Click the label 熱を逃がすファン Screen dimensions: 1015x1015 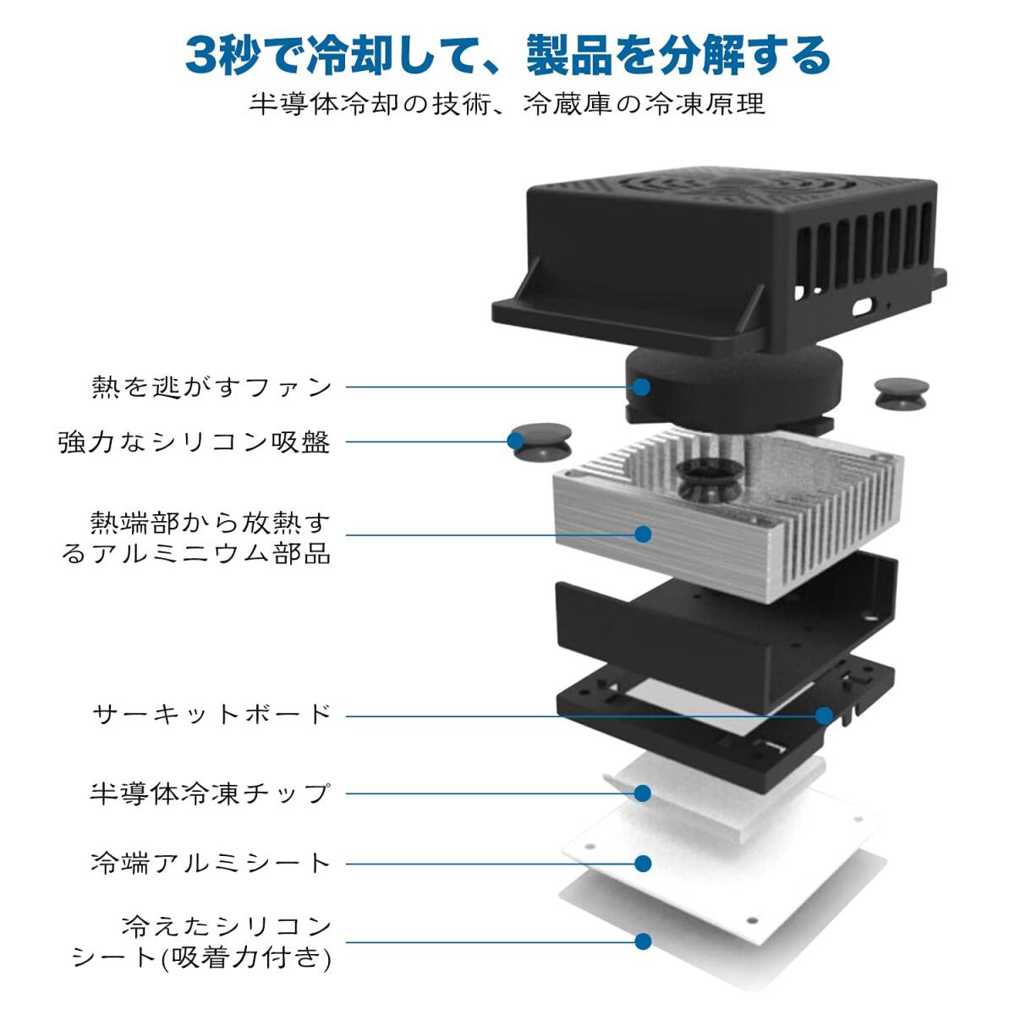211,387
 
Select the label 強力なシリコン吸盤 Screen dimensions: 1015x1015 194,442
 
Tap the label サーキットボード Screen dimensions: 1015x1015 211,715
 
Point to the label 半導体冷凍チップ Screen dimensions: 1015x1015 210,793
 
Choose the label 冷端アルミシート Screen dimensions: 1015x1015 210,863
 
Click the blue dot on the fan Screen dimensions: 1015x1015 642,387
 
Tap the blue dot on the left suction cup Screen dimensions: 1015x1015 516,441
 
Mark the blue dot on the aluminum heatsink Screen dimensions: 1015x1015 643,534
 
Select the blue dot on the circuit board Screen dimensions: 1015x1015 824,716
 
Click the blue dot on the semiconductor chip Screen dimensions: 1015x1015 643,793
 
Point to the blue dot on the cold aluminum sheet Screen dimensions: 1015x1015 643,863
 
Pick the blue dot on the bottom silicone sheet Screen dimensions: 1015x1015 643,941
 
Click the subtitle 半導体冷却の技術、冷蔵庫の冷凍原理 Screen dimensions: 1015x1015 507,104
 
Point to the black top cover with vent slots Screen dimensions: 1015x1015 719,254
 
